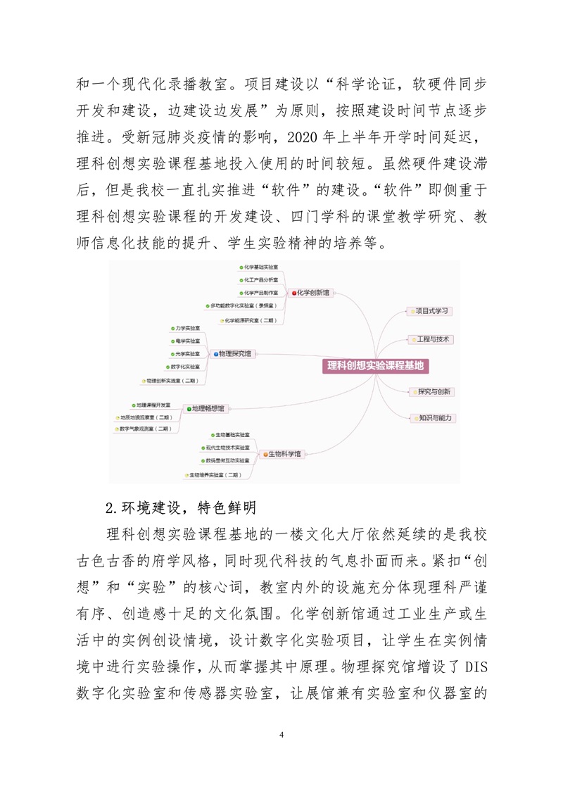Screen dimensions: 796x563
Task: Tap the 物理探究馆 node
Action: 235,353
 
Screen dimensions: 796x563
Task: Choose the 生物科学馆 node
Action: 285,454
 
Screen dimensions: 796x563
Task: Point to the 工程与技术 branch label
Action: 433,339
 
